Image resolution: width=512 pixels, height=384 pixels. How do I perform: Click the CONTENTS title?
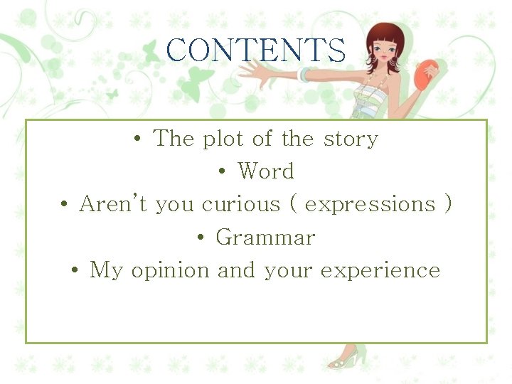[x=256, y=50]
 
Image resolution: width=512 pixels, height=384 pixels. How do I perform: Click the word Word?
[x=265, y=171]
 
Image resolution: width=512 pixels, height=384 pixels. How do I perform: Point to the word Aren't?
[x=114, y=204]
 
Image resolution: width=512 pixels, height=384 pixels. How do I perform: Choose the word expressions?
[x=369, y=205]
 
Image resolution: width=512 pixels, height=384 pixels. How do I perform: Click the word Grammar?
[x=265, y=238]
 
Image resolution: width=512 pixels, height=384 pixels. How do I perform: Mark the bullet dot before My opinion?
[x=75, y=271]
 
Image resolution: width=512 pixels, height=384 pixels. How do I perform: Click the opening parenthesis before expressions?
[x=294, y=205]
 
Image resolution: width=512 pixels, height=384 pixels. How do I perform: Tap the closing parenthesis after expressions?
[x=447, y=205]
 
